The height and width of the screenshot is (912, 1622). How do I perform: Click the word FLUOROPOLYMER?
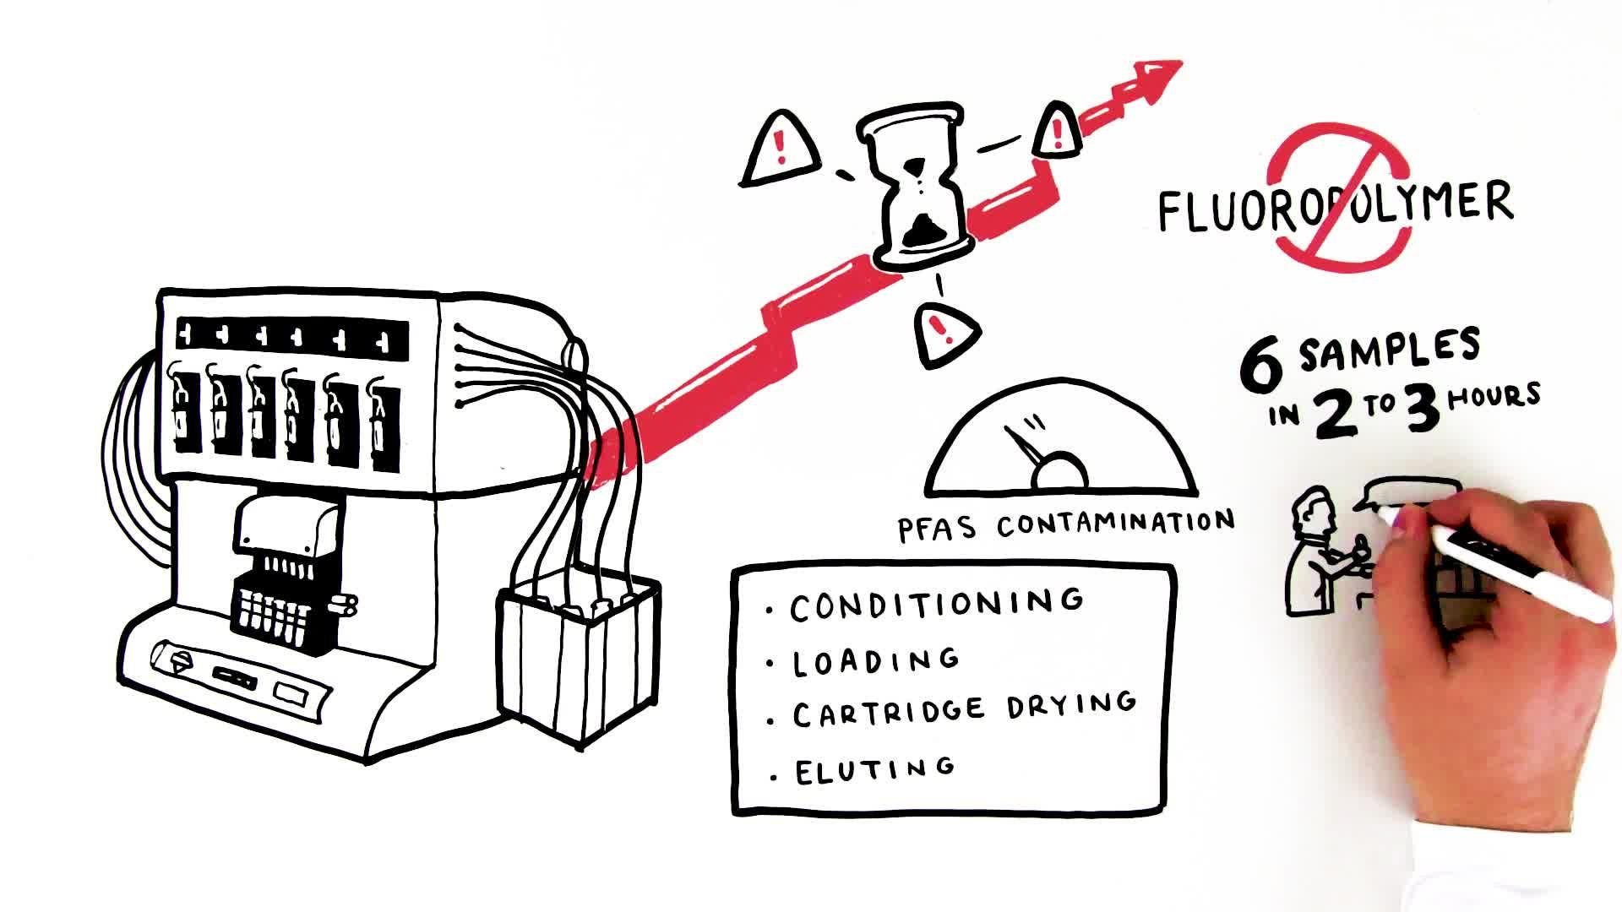pyautogui.click(x=1335, y=204)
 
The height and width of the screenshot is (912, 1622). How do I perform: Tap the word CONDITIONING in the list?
pyautogui.click(x=937, y=603)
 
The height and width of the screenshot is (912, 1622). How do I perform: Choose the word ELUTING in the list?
pyautogui.click(x=875, y=769)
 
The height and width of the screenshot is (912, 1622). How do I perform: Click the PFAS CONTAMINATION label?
pyautogui.click(x=1065, y=524)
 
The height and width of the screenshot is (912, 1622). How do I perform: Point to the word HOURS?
pyautogui.click(x=1494, y=396)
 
